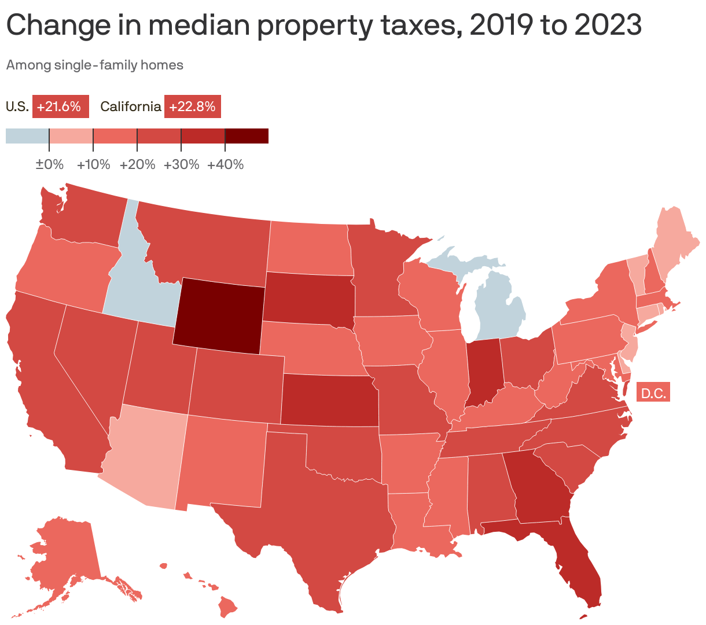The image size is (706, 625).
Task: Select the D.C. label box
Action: click(x=653, y=394)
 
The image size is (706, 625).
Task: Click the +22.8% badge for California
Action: click(x=193, y=106)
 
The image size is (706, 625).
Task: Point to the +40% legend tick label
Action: click(x=225, y=165)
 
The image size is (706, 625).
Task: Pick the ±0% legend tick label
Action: click(x=49, y=165)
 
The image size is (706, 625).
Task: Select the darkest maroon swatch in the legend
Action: click(x=247, y=136)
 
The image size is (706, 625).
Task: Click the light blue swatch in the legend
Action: click(x=27, y=136)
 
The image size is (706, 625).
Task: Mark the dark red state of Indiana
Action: click(x=482, y=370)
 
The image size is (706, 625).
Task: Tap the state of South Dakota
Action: click(x=310, y=295)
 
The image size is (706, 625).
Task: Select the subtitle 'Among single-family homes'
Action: click(x=95, y=65)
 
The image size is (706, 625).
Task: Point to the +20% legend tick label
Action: click(x=138, y=165)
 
